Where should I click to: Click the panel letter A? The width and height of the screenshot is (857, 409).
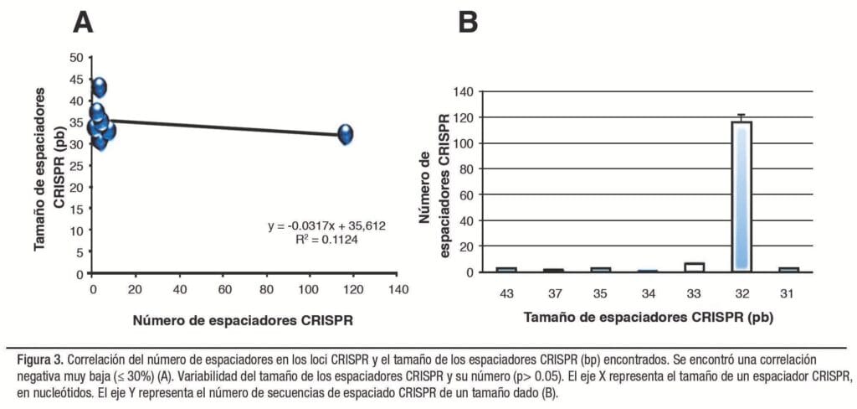click(x=82, y=23)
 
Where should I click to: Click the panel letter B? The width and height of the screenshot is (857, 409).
click(x=468, y=23)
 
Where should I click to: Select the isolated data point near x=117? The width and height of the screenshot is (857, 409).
click(x=345, y=134)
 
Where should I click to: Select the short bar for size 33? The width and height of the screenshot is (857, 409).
click(x=694, y=267)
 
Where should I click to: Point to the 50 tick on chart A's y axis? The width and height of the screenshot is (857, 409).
click(x=76, y=57)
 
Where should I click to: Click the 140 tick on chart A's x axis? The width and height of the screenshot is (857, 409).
click(x=396, y=289)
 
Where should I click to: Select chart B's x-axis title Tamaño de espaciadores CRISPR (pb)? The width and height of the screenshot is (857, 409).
click(x=648, y=318)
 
